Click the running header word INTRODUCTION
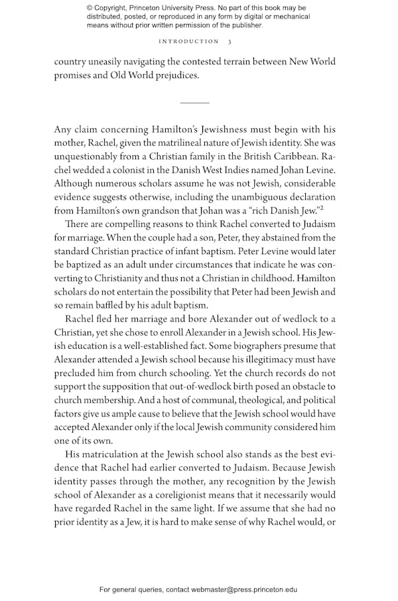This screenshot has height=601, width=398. (x=188, y=41)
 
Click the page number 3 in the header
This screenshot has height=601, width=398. (x=230, y=41)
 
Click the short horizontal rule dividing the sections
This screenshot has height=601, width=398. (x=194, y=103)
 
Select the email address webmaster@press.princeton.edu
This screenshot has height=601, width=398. (x=244, y=589)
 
